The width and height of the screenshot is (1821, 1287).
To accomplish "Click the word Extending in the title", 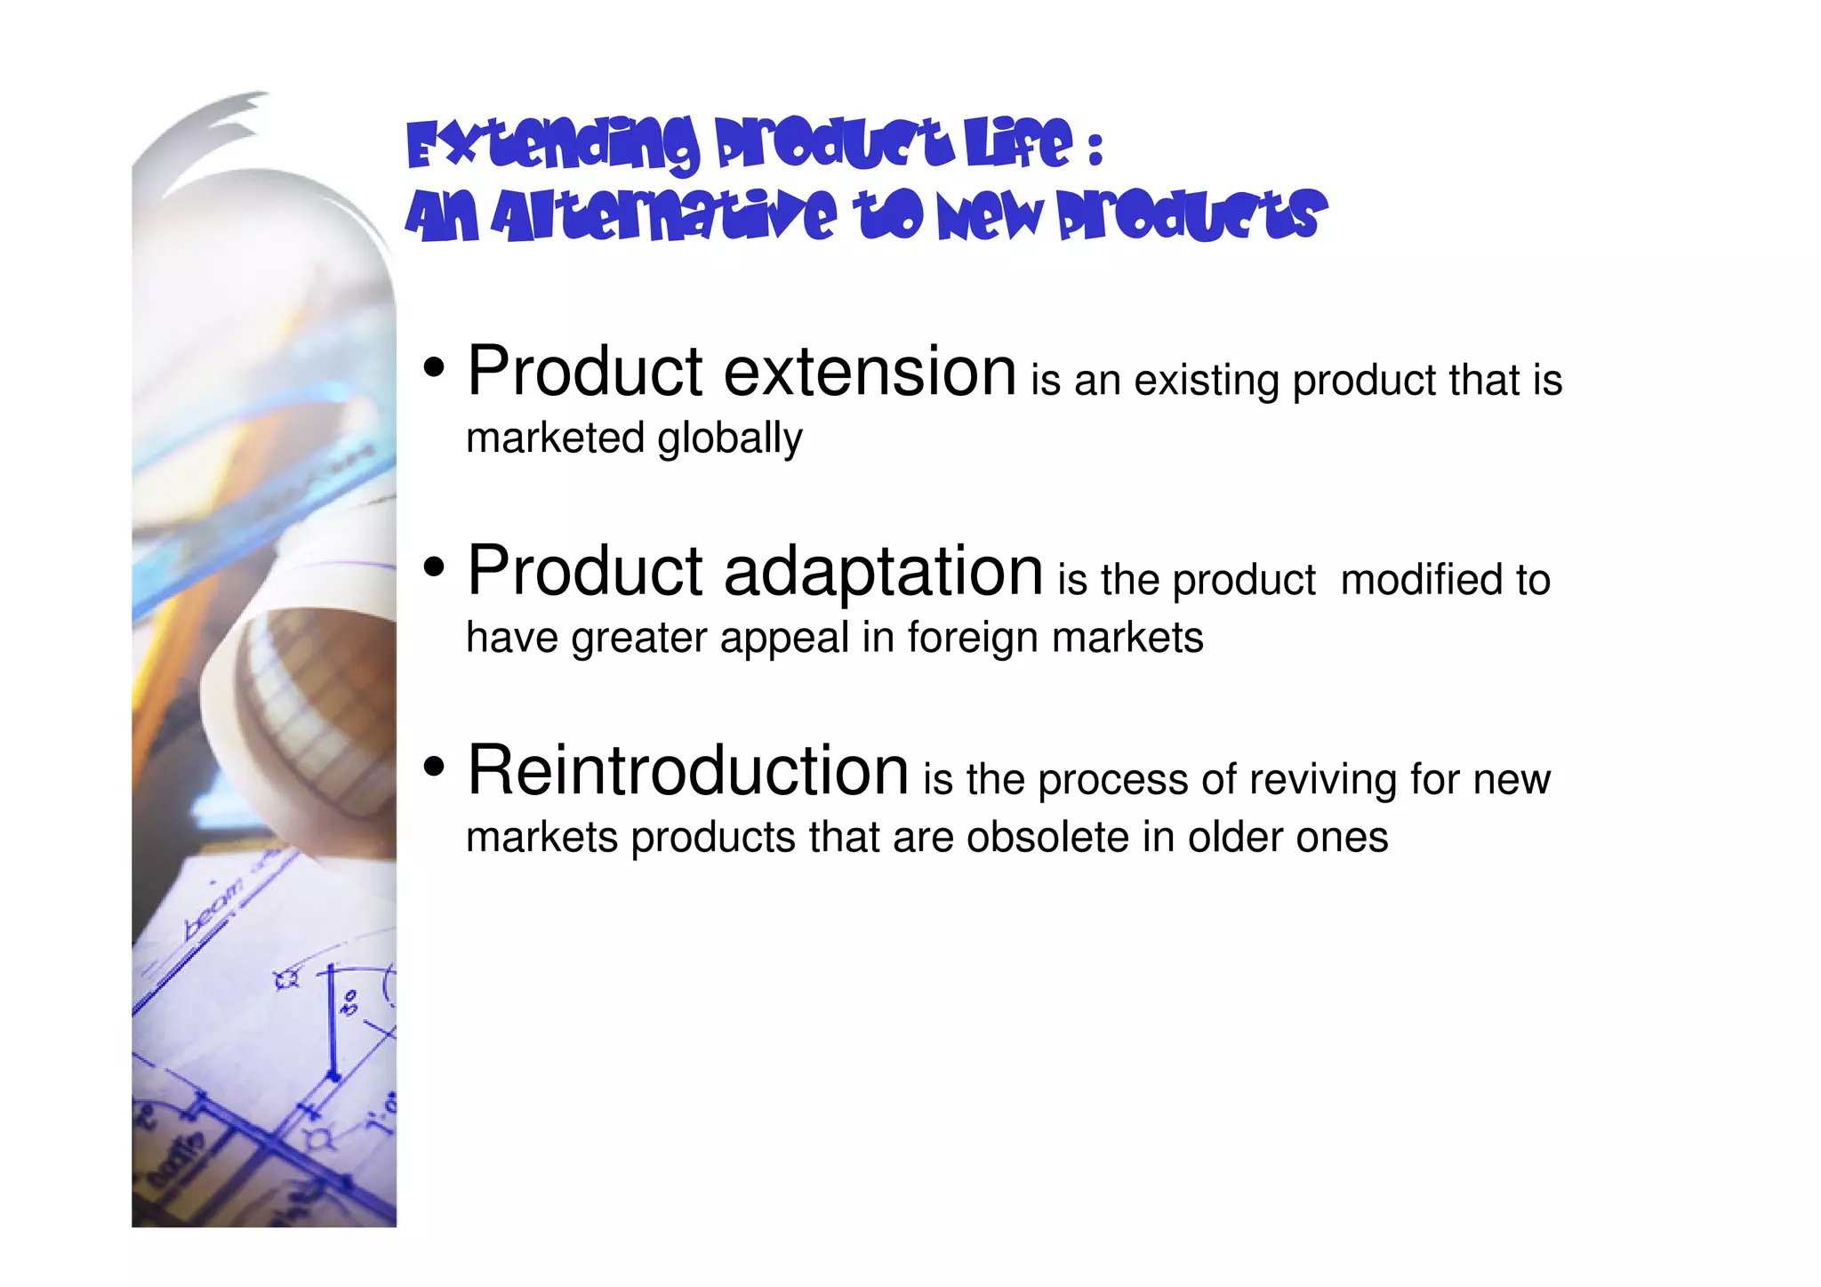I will (552, 145).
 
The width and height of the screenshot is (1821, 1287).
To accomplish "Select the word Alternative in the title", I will (663, 217).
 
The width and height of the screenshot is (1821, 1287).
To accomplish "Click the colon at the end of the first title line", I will (1095, 149).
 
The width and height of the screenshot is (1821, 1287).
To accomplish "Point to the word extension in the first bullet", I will (870, 372).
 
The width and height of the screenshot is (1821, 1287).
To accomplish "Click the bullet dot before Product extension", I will (434, 366).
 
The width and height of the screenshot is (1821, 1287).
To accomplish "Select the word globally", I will (729, 438).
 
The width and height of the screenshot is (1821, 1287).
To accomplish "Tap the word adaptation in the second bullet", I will (883, 571).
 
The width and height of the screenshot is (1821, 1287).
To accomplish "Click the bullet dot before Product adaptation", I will (434, 567).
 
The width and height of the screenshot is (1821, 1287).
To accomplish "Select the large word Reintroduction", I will (687, 770).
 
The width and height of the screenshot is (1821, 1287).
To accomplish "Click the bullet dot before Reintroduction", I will (434, 766).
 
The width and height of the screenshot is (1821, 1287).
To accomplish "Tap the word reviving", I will (1315, 780).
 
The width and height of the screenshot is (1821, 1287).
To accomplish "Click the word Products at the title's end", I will (1191, 217).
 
